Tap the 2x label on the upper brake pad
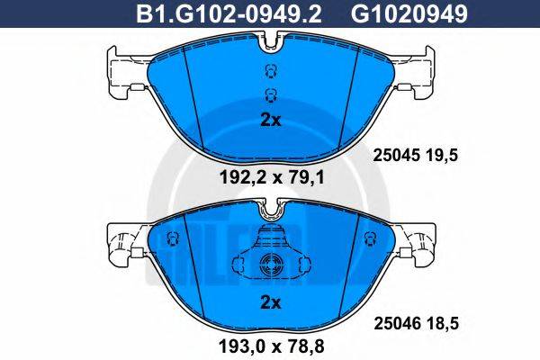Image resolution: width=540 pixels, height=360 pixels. [x=269, y=120]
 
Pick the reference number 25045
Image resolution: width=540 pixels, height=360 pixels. [x=394, y=155]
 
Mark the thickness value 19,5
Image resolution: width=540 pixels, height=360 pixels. [x=445, y=155]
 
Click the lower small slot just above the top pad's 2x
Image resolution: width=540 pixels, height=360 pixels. [x=267, y=95]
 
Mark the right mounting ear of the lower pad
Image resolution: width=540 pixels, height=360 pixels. [x=419, y=243]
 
